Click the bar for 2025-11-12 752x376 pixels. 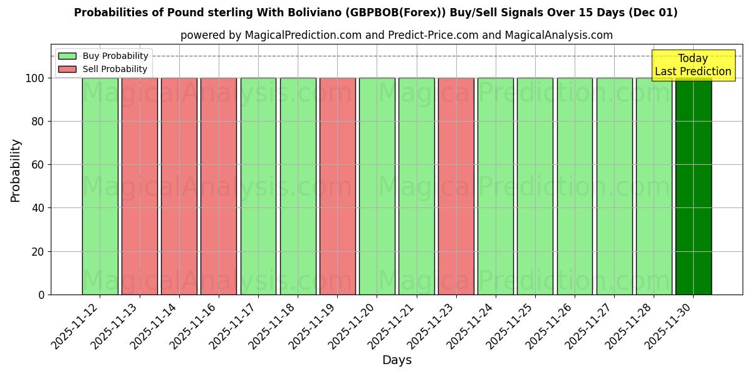tap(100, 186)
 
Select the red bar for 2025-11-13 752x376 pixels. tap(139, 186)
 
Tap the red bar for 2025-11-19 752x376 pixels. tap(337, 186)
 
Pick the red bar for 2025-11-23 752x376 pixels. tap(456, 186)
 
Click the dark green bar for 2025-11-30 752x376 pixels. tap(693, 186)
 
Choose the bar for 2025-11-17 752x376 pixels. tap(258, 186)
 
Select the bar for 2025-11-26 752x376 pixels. tap(575, 186)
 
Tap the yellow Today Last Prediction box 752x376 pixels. tap(692, 65)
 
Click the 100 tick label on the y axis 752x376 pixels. tap(34, 78)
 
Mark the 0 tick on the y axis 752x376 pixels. tap(41, 295)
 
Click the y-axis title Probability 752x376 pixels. tap(16, 170)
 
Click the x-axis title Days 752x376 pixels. tap(397, 360)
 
